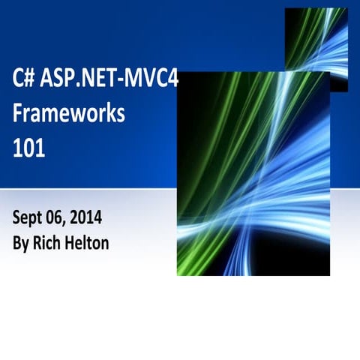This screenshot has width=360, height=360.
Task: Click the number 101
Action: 28,147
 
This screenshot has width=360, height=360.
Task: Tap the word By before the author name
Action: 21,244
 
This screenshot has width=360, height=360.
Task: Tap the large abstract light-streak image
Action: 253,172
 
